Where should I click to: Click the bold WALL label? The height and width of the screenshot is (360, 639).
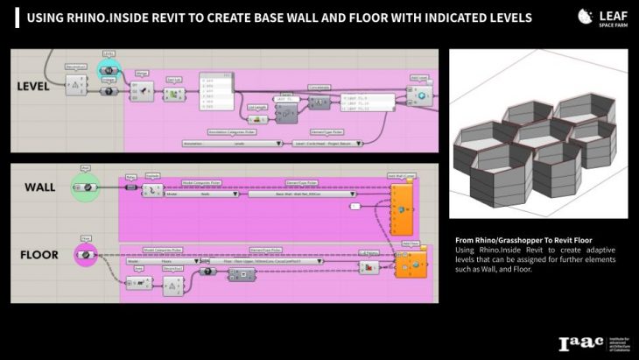(x=40, y=187)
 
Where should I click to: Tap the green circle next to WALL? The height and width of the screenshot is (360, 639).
(x=86, y=187)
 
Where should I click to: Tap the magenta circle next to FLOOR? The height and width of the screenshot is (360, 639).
(x=86, y=256)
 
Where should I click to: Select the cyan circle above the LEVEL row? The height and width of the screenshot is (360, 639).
(x=111, y=69)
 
